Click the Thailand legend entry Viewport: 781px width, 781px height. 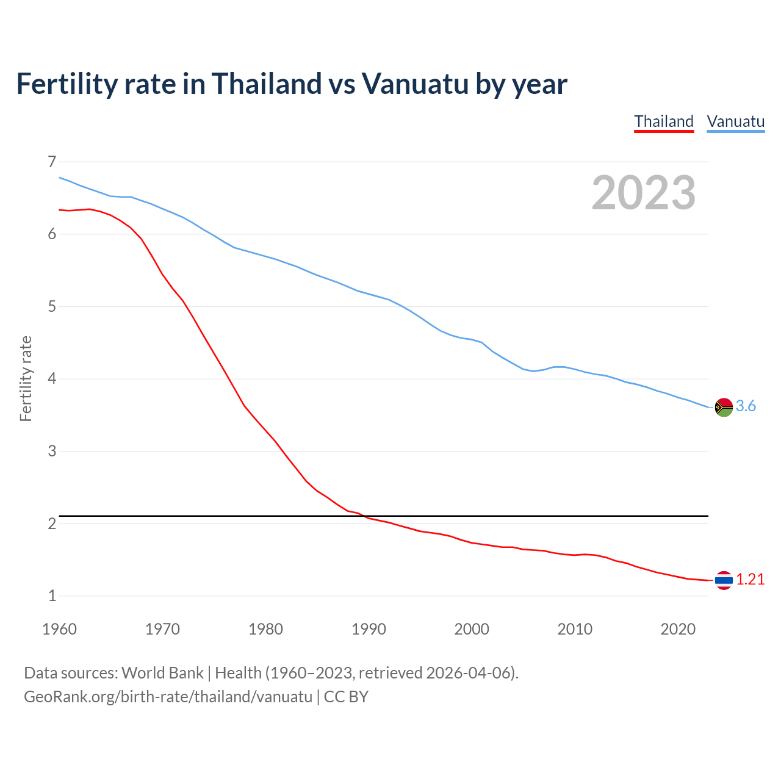664,121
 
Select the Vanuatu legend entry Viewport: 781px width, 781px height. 735,121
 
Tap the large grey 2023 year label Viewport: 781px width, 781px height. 643,193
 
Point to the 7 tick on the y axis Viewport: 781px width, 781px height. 52,162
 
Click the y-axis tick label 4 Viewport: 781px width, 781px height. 52,379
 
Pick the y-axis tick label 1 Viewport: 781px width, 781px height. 52,596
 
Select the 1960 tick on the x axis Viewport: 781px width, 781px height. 59,629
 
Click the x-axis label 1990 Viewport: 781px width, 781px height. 369,629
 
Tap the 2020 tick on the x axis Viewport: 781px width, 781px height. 678,629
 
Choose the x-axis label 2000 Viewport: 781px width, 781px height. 472,629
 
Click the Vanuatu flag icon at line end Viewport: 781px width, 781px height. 724,407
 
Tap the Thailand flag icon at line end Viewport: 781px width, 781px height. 724,580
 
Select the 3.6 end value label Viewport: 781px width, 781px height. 746,406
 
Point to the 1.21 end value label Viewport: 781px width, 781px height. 750,580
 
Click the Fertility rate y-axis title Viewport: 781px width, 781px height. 26,378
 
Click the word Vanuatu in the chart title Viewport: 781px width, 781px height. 414,84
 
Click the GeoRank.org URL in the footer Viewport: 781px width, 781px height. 168,697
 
